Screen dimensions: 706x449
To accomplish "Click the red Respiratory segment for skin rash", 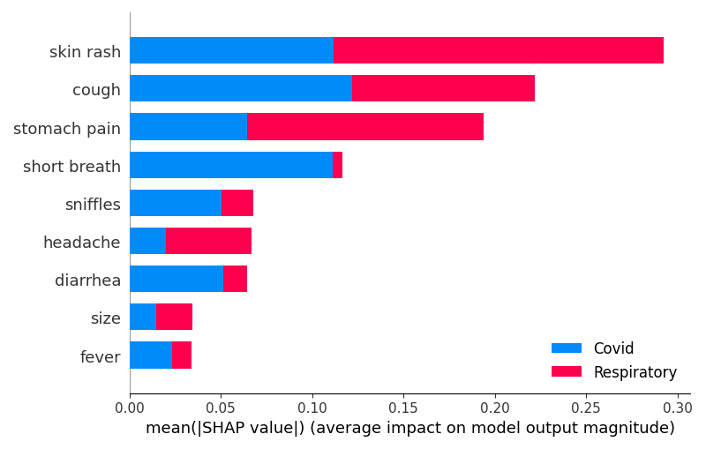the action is pyautogui.click(x=499, y=50).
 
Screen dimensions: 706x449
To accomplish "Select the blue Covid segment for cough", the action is pyautogui.click(x=241, y=88).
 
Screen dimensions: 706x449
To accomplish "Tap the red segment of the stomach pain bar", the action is pyautogui.click(x=365, y=126).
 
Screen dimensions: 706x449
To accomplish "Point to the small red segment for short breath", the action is pyautogui.click(x=337, y=165).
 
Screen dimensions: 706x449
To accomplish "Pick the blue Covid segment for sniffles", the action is pyautogui.click(x=176, y=203).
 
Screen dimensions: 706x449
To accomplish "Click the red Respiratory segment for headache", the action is pyautogui.click(x=208, y=241).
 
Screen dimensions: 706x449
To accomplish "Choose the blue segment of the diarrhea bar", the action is pyautogui.click(x=176, y=279).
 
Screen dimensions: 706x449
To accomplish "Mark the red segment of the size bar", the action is pyautogui.click(x=174, y=317).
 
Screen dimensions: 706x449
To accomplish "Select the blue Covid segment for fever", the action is pyautogui.click(x=151, y=355).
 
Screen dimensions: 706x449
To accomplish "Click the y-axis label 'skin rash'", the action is pyautogui.click(x=85, y=52).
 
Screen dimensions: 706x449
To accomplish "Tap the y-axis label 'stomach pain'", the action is pyautogui.click(x=67, y=129).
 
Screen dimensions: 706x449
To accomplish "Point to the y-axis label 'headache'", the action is pyautogui.click(x=82, y=243).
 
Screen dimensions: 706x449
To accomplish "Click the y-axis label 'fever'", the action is pyautogui.click(x=101, y=356).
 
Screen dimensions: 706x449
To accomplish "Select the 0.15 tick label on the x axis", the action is pyautogui.click(x=403, y=408).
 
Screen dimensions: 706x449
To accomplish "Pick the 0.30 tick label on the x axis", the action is pyautogui.click(x=677, y=408).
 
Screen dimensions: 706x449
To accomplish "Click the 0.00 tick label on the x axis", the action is pyautogui.click(x=130, y=408).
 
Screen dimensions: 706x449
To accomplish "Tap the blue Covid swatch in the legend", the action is pyautogui.click(x=567, y=348).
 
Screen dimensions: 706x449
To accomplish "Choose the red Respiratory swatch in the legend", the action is pyautogui.click(x=567, y=371).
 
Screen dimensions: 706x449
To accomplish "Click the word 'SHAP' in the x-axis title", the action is pyautogui.click(x=220, y=428).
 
